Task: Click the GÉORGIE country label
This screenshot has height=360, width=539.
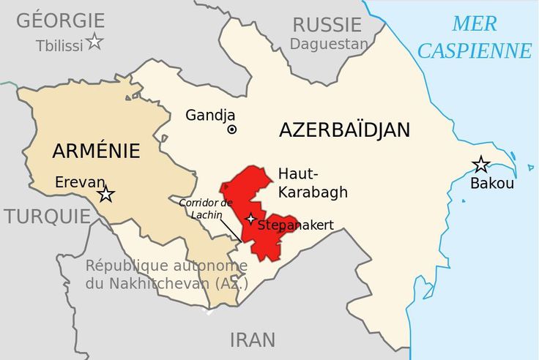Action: [x=61, y=20]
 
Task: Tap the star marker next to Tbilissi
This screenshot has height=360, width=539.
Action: [x=94, y=42]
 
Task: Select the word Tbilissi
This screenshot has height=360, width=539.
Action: [x=59, y=46]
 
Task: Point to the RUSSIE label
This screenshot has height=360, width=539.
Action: [x=327, y=25]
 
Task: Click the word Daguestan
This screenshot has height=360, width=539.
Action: [x=328, y=44]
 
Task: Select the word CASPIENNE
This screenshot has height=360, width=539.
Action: [x=475, y=51]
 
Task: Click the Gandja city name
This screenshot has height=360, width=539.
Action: [x=210, y=115]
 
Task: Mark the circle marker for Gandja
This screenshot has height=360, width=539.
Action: [x=232, y=130]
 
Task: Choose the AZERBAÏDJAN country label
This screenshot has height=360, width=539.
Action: [x=344, y=130]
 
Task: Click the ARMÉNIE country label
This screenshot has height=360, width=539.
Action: [x=96, y=151]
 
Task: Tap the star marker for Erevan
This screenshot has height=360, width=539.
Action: [x=106, y=194]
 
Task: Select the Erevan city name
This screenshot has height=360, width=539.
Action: [x=80, y=182]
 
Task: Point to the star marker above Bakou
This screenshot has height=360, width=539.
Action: [x=481, y=164]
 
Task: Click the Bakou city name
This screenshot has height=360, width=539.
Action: [x=491, y=183]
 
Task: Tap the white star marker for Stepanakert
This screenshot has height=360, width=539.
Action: [x=250, y=219]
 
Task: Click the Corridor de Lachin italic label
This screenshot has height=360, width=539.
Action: [x=206, y=207]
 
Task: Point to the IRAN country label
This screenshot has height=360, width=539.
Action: [x=253, y=340]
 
